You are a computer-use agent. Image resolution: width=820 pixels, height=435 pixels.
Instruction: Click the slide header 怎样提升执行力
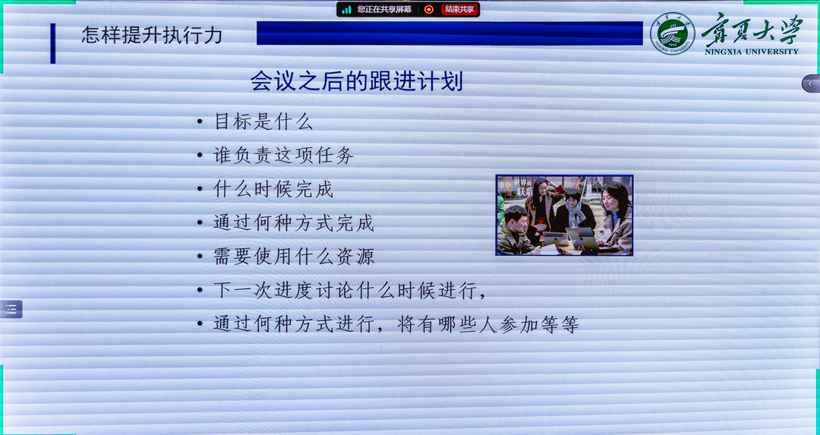[x=152, y=36]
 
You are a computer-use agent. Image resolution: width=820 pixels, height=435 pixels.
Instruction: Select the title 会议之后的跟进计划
[x=356, y=81]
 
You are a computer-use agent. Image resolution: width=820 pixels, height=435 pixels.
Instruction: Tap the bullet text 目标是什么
[x=263, y=121]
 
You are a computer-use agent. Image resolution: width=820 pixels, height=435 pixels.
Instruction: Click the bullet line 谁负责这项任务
[x=283, y=156]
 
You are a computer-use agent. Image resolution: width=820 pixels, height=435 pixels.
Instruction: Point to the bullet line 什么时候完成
[x=273, y=189]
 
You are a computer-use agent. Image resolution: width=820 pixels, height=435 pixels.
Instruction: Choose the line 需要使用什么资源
[x=294, y=257]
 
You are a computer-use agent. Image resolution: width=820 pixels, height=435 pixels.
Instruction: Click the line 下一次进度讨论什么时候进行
[x=350, y=290]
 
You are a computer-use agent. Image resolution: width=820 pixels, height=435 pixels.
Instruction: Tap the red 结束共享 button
[x=460, y=9]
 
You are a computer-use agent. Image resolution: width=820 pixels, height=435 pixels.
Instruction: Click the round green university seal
[x=672, y=33]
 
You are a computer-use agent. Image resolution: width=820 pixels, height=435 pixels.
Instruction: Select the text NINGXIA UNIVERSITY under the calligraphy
[x=751, y=52]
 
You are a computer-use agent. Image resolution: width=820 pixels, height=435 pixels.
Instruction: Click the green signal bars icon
[x=346, y=9]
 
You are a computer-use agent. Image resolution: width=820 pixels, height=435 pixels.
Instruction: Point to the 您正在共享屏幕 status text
[x=384, y=9]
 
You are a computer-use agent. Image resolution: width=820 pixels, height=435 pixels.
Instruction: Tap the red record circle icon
[x=429, y=9]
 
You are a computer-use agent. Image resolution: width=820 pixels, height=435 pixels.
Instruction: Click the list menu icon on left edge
[x=11, y=309]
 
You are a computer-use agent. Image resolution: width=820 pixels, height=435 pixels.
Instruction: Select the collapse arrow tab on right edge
[x=810, y=84]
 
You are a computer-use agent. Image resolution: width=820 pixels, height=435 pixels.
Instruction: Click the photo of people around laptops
[x=564, y=215]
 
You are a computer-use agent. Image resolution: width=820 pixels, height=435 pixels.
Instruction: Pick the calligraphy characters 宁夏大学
[x=751, y=30]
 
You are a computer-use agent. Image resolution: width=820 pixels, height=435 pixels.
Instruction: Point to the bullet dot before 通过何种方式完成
[x=199, y=223]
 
